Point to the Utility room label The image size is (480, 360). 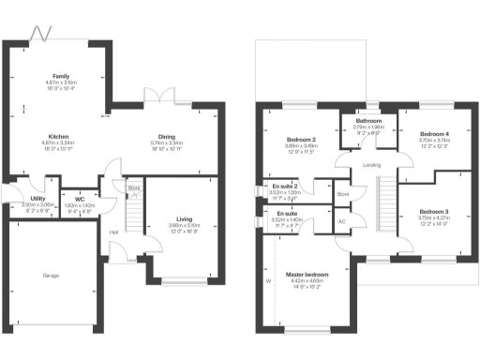point(38,199)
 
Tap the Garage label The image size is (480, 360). point(51,276)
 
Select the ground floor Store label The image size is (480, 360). point(134,188)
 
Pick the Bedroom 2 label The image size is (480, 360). point(301,140)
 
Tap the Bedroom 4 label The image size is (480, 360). point(434,135)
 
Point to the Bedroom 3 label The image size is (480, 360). point(434,211)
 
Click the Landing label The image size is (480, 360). point(370,167)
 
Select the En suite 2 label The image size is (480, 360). point(285,186)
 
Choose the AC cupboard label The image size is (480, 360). point(341,221)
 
